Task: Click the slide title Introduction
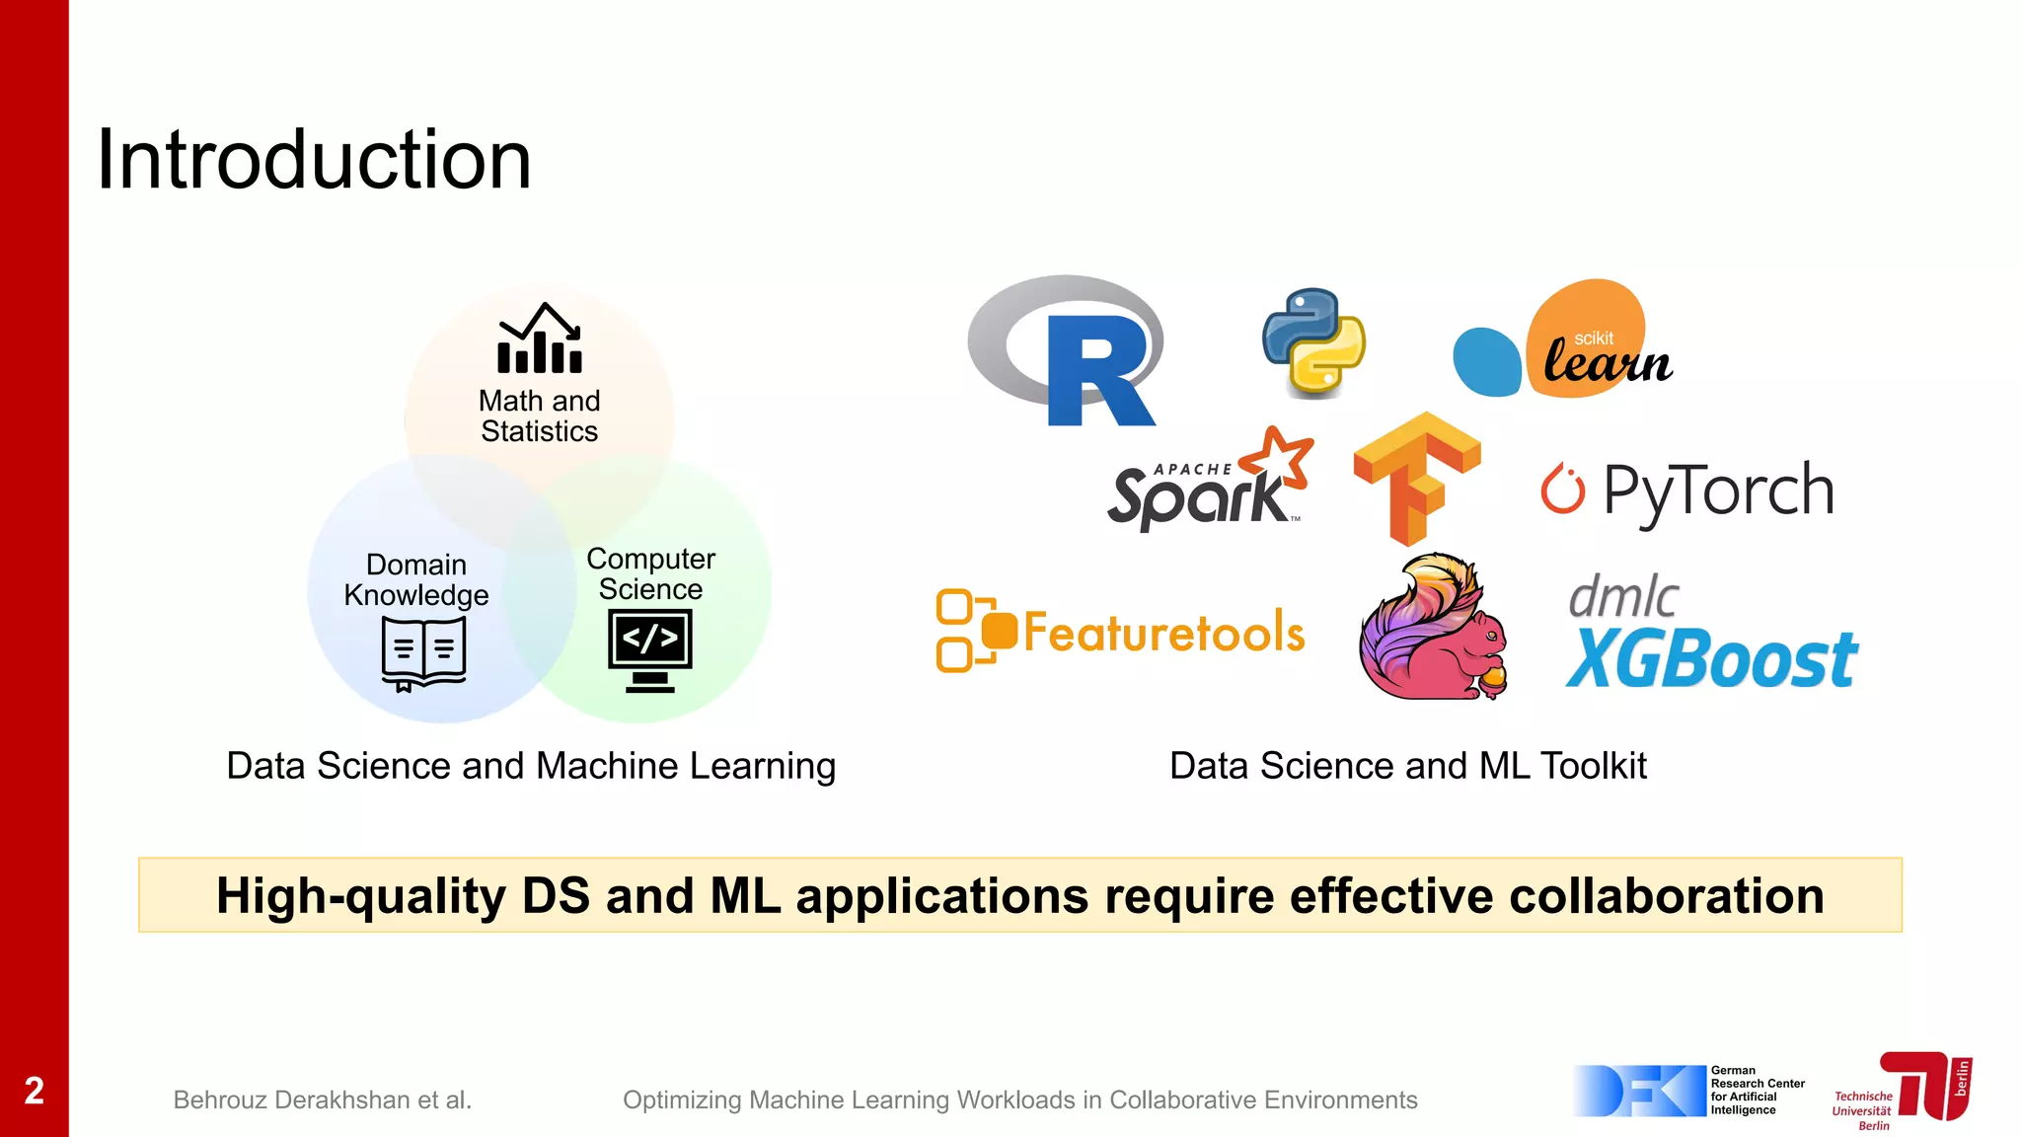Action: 314,160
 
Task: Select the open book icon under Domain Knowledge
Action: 423,653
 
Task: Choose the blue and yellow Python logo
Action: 1313,341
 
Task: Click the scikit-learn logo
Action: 1569,341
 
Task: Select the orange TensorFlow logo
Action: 1416,477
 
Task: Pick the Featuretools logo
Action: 1121,632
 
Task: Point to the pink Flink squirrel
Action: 1434,630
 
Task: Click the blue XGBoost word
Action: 1712,659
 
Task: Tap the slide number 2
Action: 35,1091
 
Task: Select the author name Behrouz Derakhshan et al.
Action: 323,1099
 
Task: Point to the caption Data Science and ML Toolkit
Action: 1407,766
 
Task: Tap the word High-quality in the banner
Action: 361,896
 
